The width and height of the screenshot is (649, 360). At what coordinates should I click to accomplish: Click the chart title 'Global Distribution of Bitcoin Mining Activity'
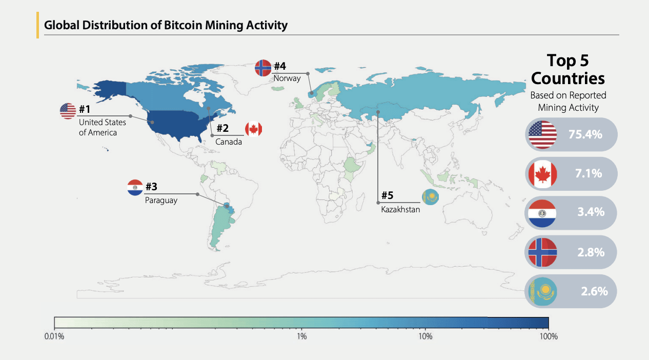[x=166, y=25]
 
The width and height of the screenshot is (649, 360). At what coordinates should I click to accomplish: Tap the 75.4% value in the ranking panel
[x=585, y=134]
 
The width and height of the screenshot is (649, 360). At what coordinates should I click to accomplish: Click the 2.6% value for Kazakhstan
[x=594, y=291]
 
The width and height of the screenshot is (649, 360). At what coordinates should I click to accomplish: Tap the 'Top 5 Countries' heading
[x=568, y=69]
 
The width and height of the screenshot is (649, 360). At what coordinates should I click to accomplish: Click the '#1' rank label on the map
[x=85, y=109]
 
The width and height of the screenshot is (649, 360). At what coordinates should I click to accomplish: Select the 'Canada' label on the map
[x=228, y=142]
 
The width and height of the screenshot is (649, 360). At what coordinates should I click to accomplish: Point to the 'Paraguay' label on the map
[x=161, y=200]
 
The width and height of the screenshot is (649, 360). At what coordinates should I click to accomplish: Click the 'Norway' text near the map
[x=287, y=78]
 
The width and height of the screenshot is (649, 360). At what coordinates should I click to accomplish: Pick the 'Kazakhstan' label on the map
[x=400, y=209]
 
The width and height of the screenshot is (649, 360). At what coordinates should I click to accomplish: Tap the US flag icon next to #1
[x=68, y=111]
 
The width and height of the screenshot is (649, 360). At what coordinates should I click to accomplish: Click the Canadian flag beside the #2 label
[x=253, y=129]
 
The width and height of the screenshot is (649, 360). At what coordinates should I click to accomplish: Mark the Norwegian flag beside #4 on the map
[x=263, y=68]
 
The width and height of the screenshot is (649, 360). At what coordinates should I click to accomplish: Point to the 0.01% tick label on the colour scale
[x=54, y=337]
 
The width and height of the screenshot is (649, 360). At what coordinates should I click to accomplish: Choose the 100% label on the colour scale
[x=548, y=337]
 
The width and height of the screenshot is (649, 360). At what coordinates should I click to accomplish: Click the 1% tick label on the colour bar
[x=301, y=337]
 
